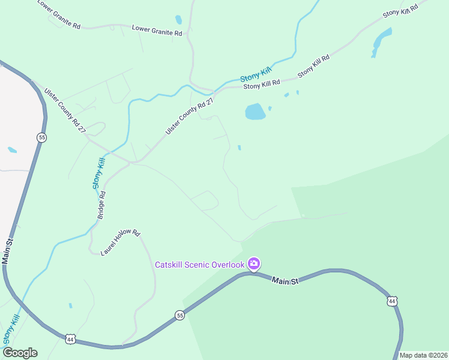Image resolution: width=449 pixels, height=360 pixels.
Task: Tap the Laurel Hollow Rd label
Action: [x=120, y=242]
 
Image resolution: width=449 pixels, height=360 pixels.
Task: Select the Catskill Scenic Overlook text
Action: [x=200, y=265]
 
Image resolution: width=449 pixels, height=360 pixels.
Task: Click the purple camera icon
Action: [x=253, y=264]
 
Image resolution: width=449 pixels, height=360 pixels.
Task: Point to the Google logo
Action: [x=19, y=353]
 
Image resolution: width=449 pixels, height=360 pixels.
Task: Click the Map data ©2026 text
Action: [x=423, y=355]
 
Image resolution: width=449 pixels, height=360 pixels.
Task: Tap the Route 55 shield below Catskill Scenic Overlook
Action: [x=179, y=315]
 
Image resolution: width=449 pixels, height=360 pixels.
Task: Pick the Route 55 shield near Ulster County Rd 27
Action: [x=41, y=137]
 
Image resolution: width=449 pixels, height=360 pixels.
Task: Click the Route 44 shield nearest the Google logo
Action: [x=70, y=339]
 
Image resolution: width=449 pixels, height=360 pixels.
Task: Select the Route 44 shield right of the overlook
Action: [x=392, y=301]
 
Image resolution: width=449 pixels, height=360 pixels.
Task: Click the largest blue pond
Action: [x=255, y=112]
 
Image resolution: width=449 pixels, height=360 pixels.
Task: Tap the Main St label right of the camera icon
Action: [x=285, y=281]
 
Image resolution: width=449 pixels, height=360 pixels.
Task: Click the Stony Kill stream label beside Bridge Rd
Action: [x=100, y=173]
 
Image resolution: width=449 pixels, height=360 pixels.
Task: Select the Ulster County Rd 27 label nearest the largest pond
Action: [x=190, y=116]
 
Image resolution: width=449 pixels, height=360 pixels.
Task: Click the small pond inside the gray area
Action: [x=12, y=149]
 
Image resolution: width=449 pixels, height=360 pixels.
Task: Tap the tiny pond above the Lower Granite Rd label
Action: [x=178, y=20]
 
